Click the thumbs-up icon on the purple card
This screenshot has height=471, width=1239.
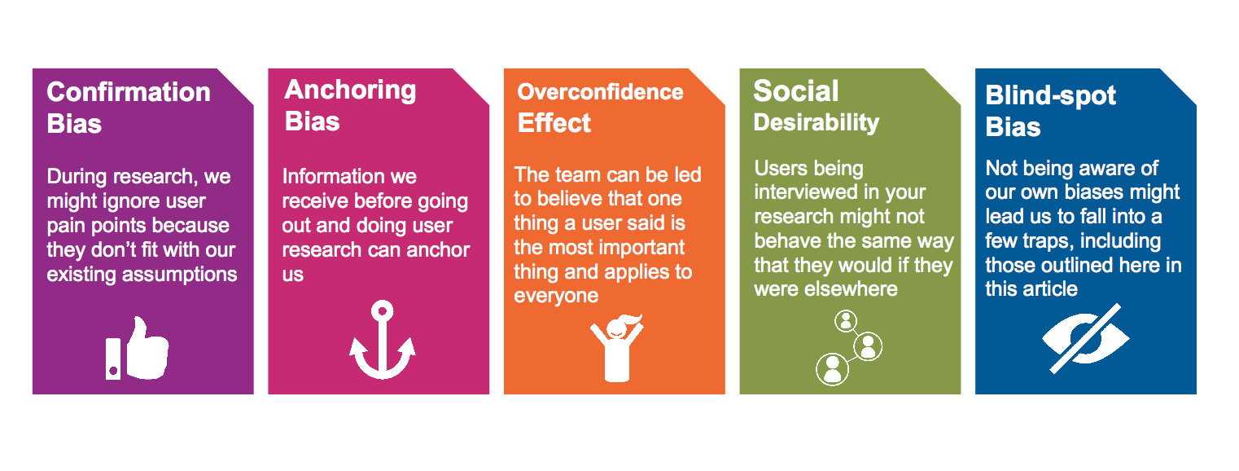138,349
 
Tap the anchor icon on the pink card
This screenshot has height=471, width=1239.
383,340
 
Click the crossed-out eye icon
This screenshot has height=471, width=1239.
1085,339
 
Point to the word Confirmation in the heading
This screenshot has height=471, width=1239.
129,92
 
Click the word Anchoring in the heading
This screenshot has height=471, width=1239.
350,90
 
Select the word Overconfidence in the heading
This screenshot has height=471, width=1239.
600,92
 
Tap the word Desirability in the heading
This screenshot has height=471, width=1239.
816,123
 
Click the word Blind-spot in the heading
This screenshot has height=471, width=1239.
1050,96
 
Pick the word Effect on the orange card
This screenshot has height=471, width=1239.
554,123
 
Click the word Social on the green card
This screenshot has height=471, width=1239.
796,90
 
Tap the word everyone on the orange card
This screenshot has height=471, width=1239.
556,296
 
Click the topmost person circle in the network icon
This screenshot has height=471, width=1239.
846,321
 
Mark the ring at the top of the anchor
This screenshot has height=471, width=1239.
383,311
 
